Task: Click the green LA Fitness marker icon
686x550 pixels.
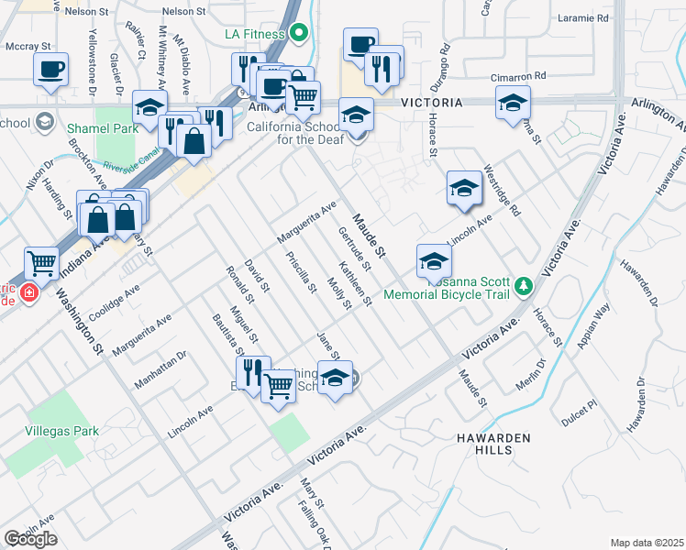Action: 299,35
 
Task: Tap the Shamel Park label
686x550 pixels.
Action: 102,128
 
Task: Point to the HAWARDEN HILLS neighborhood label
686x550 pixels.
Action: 493,445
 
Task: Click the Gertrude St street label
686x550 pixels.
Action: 354,248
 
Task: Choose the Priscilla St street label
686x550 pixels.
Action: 301,272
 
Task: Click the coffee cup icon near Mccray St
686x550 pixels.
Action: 51,69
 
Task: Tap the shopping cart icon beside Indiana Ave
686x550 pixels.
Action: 42,265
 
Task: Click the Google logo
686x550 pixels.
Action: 30,538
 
